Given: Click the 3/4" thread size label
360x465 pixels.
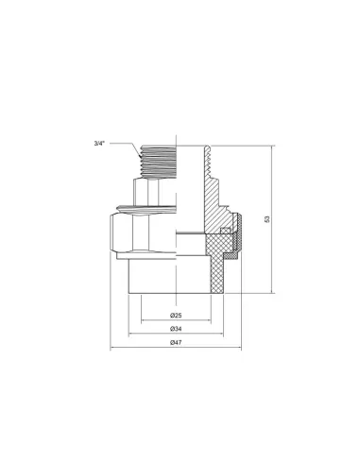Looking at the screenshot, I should point(99,144).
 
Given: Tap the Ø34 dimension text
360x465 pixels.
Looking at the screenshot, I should point(176,328).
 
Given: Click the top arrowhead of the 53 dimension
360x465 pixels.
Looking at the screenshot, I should point(274,148).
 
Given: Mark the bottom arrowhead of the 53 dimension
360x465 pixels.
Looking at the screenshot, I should point(274,291).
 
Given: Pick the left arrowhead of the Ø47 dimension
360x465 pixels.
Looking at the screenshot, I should point(113,349).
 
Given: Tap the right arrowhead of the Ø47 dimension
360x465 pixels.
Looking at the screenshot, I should point(239,349).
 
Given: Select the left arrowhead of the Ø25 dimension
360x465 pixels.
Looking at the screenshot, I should point(143,319).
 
